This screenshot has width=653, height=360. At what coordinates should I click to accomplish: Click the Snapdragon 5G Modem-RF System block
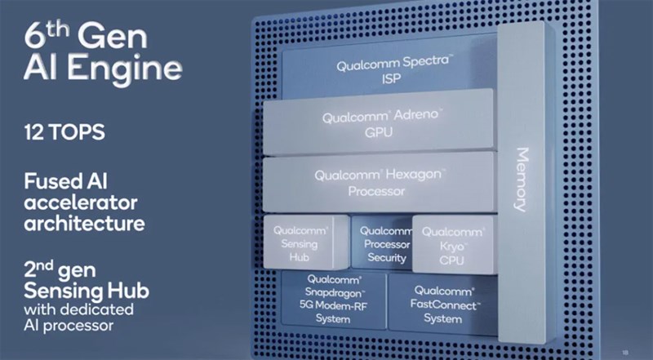pyautogui.click(x=331, y=303)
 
